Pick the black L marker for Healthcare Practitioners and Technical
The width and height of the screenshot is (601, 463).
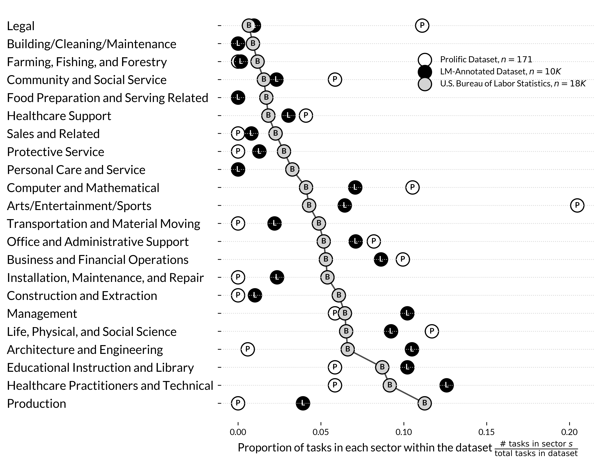tap(446, 385)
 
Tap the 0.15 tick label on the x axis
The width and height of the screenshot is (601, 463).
tap(486, 432)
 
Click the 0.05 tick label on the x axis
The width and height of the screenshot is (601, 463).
tap(321, 432)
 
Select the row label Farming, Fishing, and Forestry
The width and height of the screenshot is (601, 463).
tap(87, 62)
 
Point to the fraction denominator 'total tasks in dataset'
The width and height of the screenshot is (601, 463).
tap(536, 453)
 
